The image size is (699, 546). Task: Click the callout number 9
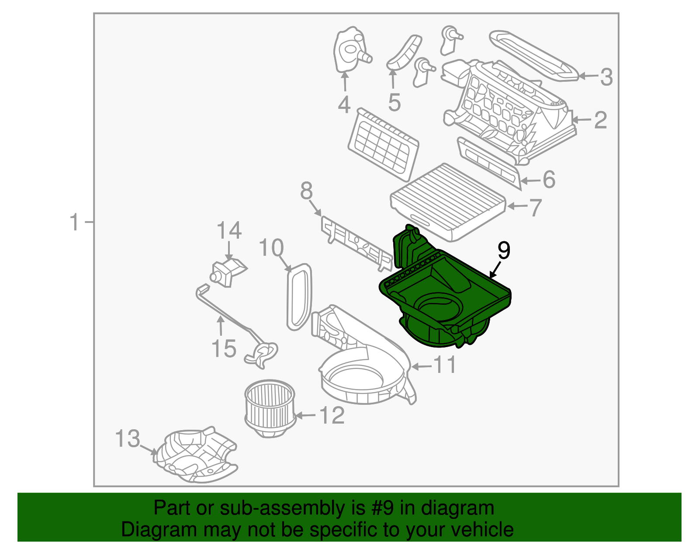[503, 250]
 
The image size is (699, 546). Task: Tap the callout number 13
[128, 438]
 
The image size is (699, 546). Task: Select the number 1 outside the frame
[75, 222]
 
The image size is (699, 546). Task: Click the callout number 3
[606, 77]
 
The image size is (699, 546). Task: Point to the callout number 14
[229, 230]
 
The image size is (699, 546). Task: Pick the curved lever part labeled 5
[405, 52]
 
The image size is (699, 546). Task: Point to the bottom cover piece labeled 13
[197, 457]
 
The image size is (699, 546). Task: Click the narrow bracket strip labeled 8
[356, 243]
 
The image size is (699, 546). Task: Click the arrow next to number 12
[306, 415]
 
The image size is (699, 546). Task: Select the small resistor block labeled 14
[228, 271]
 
